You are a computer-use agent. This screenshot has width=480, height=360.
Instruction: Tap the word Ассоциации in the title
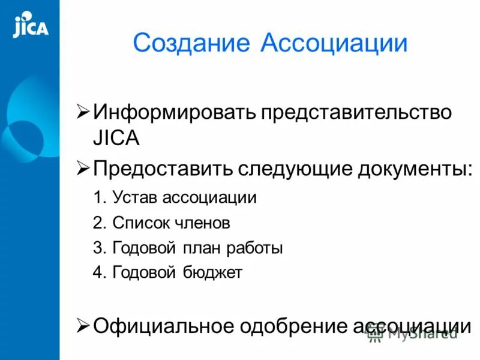coord(334,43)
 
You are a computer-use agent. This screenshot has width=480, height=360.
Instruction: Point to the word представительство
coord(355,113)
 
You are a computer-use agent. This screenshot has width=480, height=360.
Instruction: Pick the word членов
coord(202,223)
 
